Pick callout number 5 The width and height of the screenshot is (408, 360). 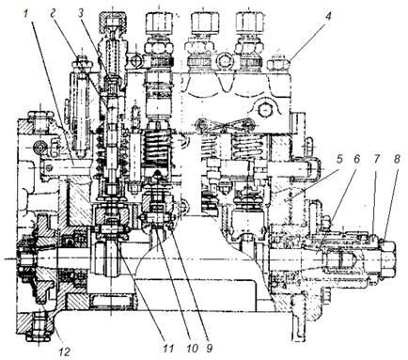point(339,160)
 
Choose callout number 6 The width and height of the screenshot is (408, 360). point(357,160)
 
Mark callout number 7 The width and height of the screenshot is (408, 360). point(376,160)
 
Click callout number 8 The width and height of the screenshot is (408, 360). point(397,160)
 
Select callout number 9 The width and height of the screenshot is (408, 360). point(209,348)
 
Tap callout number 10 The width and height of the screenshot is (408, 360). point(192,348)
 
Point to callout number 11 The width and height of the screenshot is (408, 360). point(168,348)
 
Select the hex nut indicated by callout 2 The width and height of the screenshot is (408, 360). point(82,62)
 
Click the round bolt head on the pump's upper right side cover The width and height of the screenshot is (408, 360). point(264,110)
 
